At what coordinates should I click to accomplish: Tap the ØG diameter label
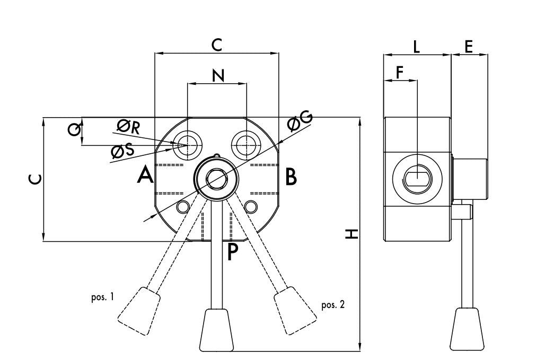(x=300, y=121)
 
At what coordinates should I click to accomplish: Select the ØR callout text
(x=128, y=127)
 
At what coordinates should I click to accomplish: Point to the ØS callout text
(x=122, y=151)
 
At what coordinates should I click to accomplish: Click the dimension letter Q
(x=74, y=130)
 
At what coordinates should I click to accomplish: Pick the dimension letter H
(x=351, y=233)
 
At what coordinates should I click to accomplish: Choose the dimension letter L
(x=417, y=47)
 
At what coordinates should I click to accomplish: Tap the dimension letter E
(x=469, y=47)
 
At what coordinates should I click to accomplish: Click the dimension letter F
(x=400, y=72)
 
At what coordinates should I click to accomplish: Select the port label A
(x=145, y=175)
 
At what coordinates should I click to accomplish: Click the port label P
(x=232, y=252)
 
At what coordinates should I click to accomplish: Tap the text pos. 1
(x=102, y=297)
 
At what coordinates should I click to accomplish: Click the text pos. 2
(x=333, y=304)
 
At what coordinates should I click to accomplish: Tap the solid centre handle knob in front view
(x=217, y=330)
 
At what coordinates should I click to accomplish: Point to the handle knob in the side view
(x=467, y=329)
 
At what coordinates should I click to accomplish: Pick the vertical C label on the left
(x=35, y=180)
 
